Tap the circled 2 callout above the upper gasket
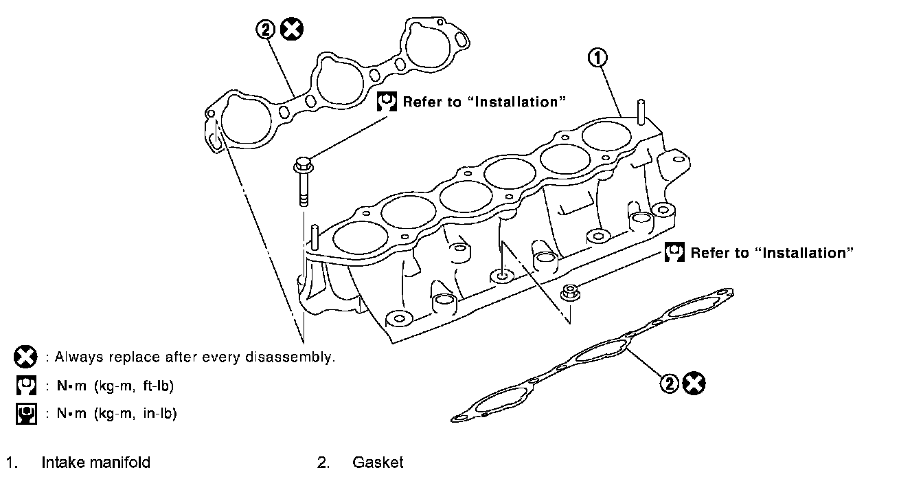[x=266, y=30]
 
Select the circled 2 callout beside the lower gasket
[x=670, y=384]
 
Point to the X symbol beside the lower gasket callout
[x=695, y=384]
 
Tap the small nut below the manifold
[x=568, y=292]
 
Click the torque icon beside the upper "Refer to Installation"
[x=387, y=102]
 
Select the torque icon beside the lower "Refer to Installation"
[x=675, y=252]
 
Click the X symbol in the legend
[x=25, y=357]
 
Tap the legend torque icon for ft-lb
[x=25, y=386]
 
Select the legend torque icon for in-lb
[x=25, y=413]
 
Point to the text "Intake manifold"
[x=95, y=463]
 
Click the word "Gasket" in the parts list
[x=378, y=463]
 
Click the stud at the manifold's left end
[x=314, y=236]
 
